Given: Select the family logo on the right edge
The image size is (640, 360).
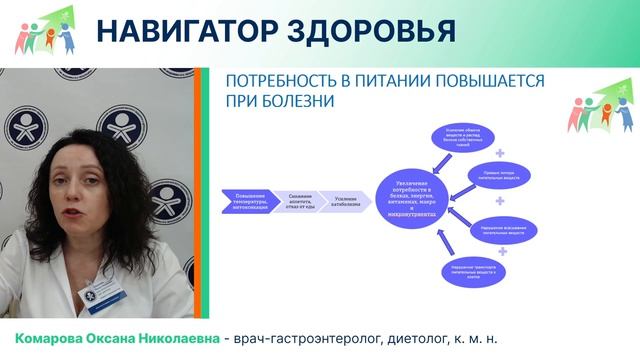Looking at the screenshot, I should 602,104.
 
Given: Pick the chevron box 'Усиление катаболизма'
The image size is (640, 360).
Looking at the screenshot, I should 343,197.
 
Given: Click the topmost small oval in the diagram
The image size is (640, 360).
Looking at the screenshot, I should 462,134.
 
